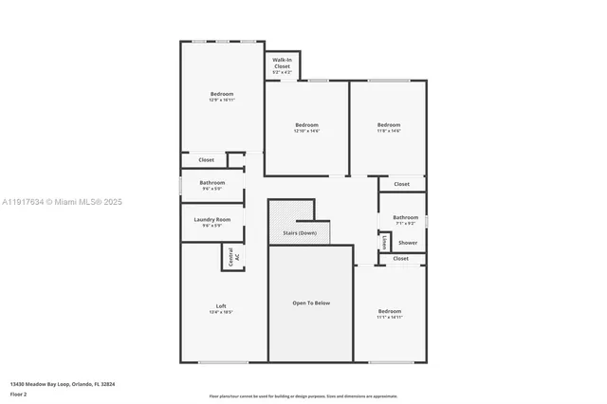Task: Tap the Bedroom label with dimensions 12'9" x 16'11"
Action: coord(222,97)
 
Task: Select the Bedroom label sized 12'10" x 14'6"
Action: coord(306,128)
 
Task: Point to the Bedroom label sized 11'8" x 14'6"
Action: coord(389,128)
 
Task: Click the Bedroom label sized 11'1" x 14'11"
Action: coord(390,314)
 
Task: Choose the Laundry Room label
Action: coord(212,222)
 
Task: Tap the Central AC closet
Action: coord(233,256)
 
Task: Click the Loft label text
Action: coord(221,308)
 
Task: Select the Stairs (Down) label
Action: coord(300,232)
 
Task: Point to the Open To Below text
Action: coord(310,303)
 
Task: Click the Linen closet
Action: coord(384,243)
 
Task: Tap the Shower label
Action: coord(407,243)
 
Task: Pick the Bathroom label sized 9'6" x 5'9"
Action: coord(212,185)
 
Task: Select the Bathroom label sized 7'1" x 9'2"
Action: coord(406,219)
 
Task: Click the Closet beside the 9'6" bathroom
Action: coord(206,160)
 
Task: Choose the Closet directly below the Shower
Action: coord(401,258)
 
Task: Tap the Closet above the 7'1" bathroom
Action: coord(401,184)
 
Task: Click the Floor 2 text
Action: coord(19,393)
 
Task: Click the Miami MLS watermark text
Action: coord(62,202)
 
